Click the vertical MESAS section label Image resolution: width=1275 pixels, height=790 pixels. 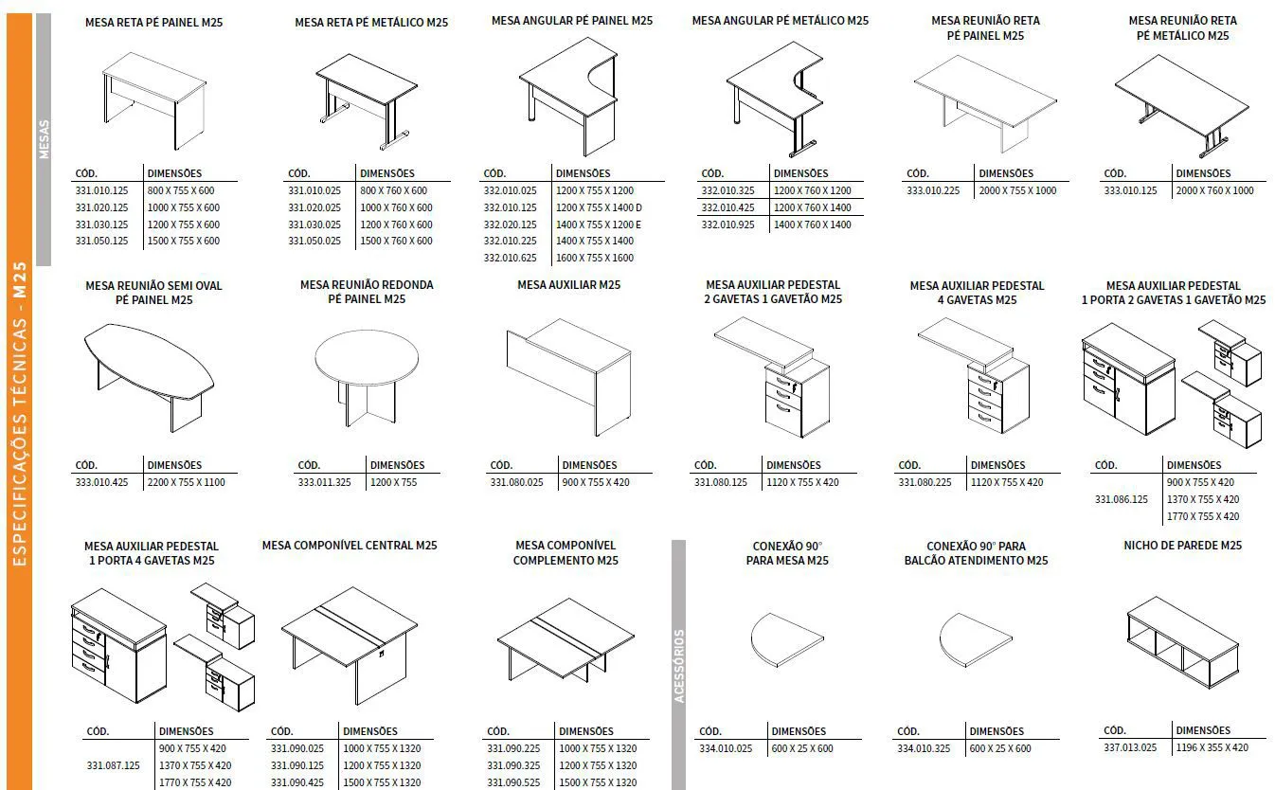44,139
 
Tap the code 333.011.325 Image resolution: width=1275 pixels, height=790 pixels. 324,482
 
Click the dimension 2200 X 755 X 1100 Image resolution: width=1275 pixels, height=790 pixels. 186,482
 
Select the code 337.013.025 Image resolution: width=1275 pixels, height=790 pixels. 1130,747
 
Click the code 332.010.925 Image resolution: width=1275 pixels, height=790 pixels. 727,224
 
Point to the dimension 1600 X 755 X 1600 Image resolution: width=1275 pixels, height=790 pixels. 594,258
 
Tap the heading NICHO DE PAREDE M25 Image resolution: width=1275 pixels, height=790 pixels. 1182,546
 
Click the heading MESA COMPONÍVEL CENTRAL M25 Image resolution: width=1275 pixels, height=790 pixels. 350,546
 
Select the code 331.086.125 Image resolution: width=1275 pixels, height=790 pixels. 1121,499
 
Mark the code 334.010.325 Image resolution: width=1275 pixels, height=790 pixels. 923,748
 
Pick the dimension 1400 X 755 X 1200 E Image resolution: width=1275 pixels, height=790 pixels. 598,224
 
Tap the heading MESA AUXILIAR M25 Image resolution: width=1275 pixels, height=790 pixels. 568,285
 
